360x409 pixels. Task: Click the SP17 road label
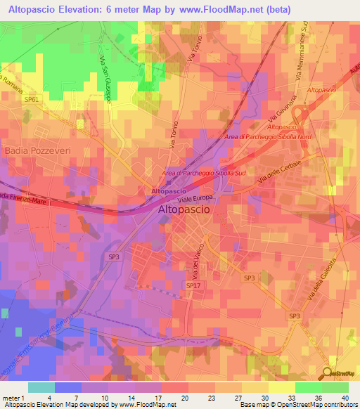193,285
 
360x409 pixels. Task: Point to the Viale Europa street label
195,200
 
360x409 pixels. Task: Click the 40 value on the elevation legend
345,398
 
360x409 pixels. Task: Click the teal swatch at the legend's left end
41,387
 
